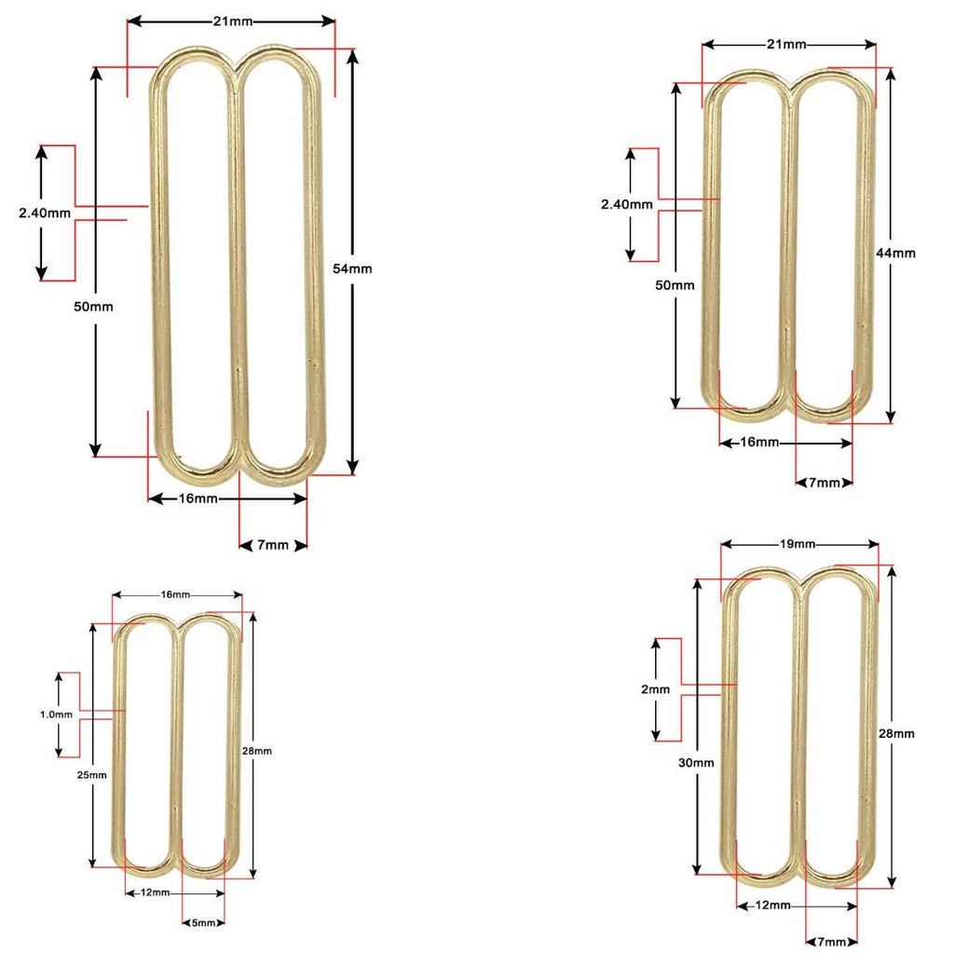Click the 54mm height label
point(352,268)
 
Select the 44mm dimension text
point(895,252)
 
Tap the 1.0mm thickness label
point(56,715)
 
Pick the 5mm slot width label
point(203,922)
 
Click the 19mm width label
point(799,544)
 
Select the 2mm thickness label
point(656,689)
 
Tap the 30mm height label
point(697,762)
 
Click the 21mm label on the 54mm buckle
point(230,20)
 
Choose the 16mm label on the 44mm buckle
point(759,442)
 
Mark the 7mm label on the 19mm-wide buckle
point(831,942)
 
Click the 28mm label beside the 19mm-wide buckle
point(896,733)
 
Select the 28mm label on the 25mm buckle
point(256,751)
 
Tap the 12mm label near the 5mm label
point(154,893)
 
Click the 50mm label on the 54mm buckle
point(95,307)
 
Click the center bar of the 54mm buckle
point(238,270)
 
